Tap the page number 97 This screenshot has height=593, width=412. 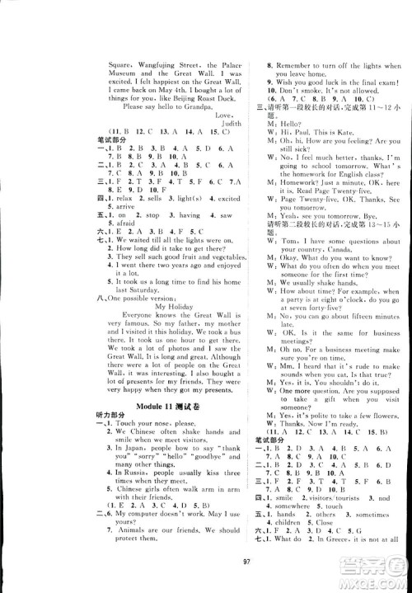pyautogui.click(x=205, y=575)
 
